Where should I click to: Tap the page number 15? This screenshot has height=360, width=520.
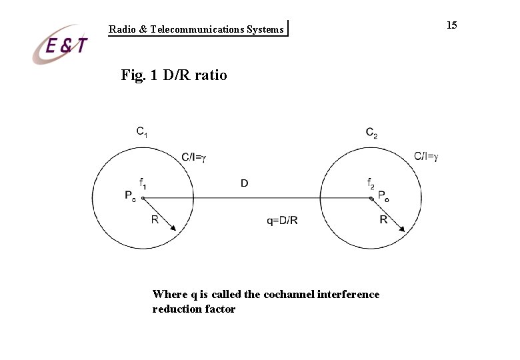tap(451, 25)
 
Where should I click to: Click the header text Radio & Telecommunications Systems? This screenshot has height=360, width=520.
tap(196, 29)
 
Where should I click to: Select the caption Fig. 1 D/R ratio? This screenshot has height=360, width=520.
tap(174, 75)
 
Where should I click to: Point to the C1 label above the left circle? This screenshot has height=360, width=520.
tap(143, 132)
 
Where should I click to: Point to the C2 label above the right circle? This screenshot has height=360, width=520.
tap(372, 132)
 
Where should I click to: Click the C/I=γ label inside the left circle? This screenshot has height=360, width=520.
tap(194, 157)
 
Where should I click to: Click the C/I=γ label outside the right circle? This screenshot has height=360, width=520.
tap(426, 157)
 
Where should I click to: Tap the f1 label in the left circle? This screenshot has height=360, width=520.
tap(143, 182)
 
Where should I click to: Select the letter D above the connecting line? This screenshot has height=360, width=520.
tap(245, 183)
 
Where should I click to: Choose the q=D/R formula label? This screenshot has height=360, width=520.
tap(282, 221)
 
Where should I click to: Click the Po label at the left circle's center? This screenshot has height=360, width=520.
tap(131, 195)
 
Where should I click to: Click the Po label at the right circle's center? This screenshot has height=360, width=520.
tap(385, 195)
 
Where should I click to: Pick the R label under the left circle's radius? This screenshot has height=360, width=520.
tap(155, 219)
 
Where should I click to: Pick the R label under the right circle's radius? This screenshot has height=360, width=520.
tap(383, 219)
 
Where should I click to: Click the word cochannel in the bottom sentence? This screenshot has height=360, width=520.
tap(289, 294)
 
